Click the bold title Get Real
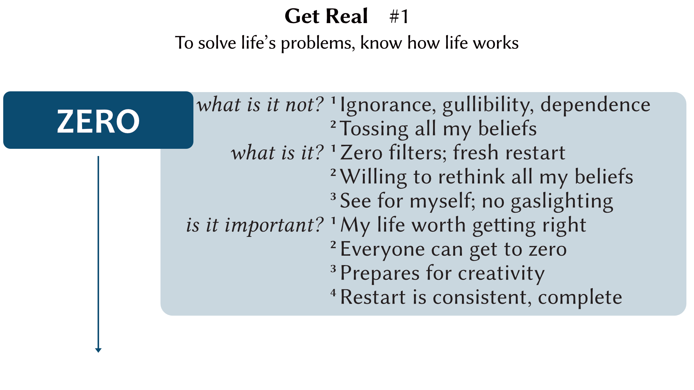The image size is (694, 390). [326, 16]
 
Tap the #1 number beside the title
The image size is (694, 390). [399, 17]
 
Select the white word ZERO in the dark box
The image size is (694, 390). [98, 121]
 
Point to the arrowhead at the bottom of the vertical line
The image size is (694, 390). [98, 350]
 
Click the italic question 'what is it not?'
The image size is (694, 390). [260, 105]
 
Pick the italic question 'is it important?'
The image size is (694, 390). [254, 225]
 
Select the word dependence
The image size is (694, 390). [595, 105]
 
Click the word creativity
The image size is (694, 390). [496, 273]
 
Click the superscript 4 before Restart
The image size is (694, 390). [333, 292]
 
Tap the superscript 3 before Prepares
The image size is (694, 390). [333, 268]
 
